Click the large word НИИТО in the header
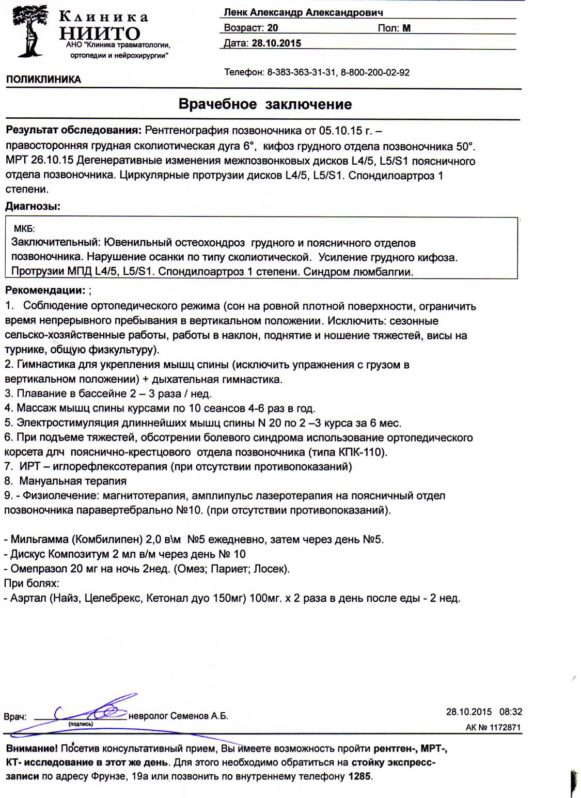[x=100, y=34]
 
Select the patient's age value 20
[x=273, y=28]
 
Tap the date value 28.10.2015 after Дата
[x=276, y=43]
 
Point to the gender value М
[x=406, y=28]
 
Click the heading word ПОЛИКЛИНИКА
[x=44, y=80]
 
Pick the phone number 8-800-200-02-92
[x=375, y=73]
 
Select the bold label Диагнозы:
[x=33, y=207]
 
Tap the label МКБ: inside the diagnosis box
[x=24, y=229]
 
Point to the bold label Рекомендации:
[x=45, y=290]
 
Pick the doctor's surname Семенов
[x=189, y=716]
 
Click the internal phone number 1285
[x=359, y=776]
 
